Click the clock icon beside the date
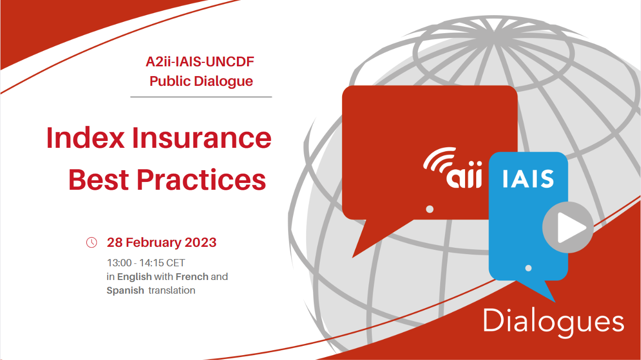tap(92, 242)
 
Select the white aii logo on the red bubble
tap(453, 168)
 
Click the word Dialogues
tap(553, 322)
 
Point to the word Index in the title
tap(85, 138)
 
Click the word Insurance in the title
tap(201, 138)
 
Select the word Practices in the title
tap(201, 180)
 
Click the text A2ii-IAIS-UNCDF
tap(200, 61)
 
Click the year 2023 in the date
tap(201, 242)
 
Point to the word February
tap(154, 243)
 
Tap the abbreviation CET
tap(175, 263)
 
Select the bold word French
tap(192, 277)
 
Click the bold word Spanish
tap(125, 291)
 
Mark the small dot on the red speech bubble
tap(429, 209)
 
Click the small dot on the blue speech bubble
tap(528, 268)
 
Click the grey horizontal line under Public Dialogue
tap(201, 97)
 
